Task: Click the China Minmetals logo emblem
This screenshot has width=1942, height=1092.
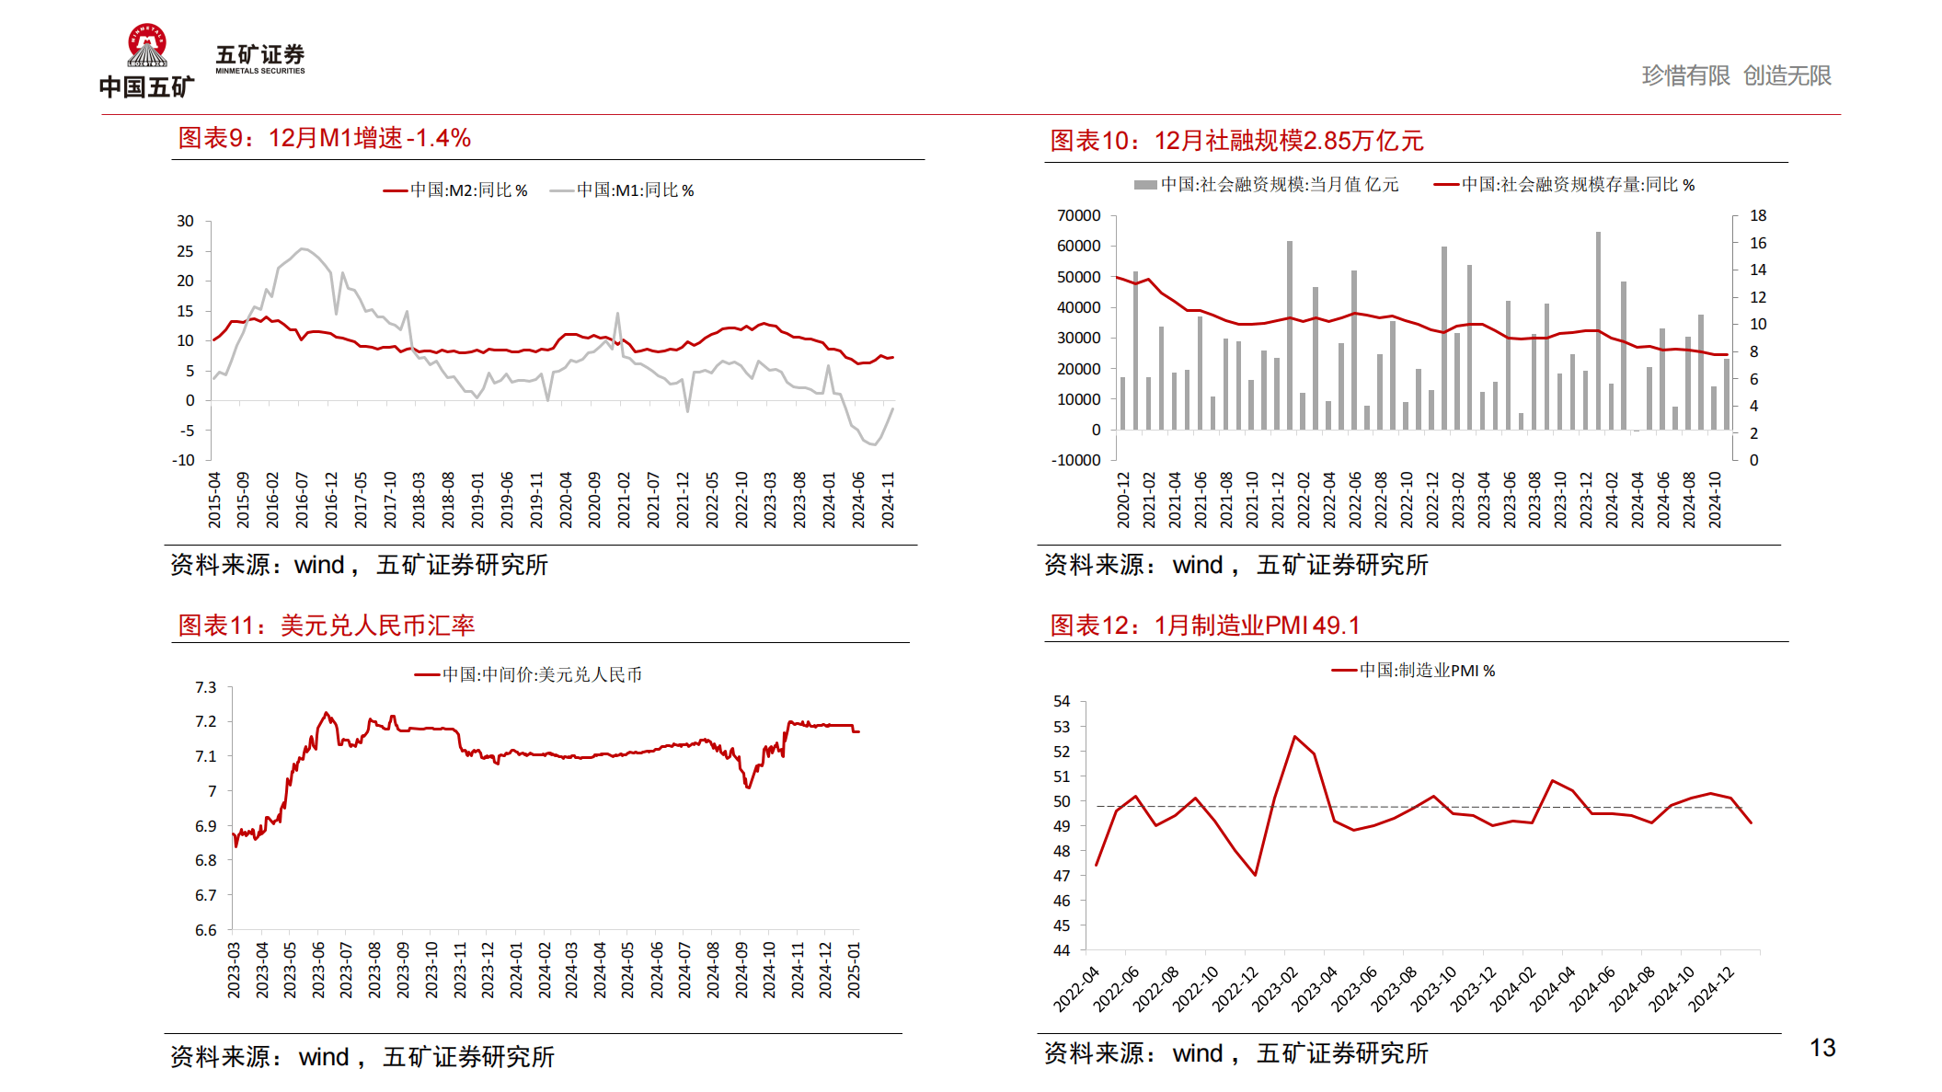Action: click(147, 46)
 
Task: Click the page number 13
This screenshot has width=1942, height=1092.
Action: click(1821, 1048)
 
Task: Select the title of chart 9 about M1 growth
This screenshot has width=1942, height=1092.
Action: click(324, 138)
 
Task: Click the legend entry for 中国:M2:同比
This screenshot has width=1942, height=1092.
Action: click(455, 190)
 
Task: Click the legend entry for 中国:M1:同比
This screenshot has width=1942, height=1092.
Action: click(622, 190)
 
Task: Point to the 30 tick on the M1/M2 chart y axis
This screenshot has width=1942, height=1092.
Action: click(186, 221)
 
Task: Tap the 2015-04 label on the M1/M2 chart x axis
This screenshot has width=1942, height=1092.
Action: click(214, 500)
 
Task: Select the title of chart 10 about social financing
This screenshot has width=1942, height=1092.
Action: click(1236, 141)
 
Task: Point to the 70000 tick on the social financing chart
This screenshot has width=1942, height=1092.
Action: click(1078, 215)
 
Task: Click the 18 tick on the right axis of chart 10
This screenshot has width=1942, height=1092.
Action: click(1757, 215)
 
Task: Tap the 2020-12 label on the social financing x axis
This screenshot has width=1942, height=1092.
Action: click(1123, 500)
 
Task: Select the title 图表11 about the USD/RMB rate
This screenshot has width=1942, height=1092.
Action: click(327, 626)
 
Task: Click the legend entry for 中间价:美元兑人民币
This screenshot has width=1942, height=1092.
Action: click(528, 674)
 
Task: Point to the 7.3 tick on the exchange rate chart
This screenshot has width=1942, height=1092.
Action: click(206, 687)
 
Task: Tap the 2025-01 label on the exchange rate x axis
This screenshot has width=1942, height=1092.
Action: click(854, 969)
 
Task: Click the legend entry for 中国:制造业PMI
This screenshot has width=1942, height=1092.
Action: click(1413, 671)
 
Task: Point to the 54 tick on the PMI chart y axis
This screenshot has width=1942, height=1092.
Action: click(1062, 701)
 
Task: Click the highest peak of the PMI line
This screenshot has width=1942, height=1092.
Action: click(1294, 736)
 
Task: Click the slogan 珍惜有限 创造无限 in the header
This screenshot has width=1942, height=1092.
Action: click(1736, 75)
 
